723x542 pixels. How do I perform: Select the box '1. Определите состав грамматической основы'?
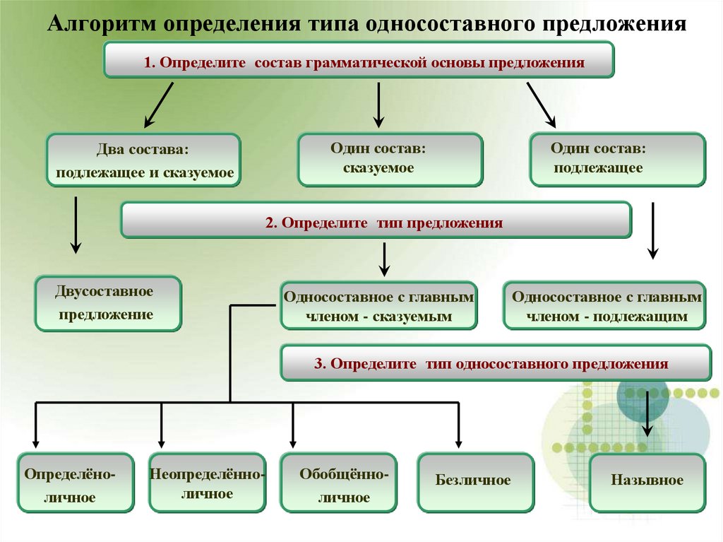pyautogui.click(x=359, y=61)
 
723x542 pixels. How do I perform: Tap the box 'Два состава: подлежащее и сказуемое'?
pyautogui.click(x=144, y=161)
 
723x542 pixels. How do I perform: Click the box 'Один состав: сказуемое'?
pyautogui.click(x=390, y=160)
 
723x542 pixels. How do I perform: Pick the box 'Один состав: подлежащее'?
pyautogui.click(x=617, y=160)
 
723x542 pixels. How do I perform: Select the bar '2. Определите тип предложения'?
pyautogui.click(x=376, y=220)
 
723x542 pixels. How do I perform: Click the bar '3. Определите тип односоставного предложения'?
pyautogui.click(x=496, y=364)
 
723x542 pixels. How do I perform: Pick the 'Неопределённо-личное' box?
pyautogui.click(x=207, y=484)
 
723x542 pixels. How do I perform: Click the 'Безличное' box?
pyautogui.click(x=475, y=482)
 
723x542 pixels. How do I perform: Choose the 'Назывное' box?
pyautogui.click(x=647, y=482)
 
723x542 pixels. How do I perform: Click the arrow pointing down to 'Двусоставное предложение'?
pyautogui.click(x=75, y=226)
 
